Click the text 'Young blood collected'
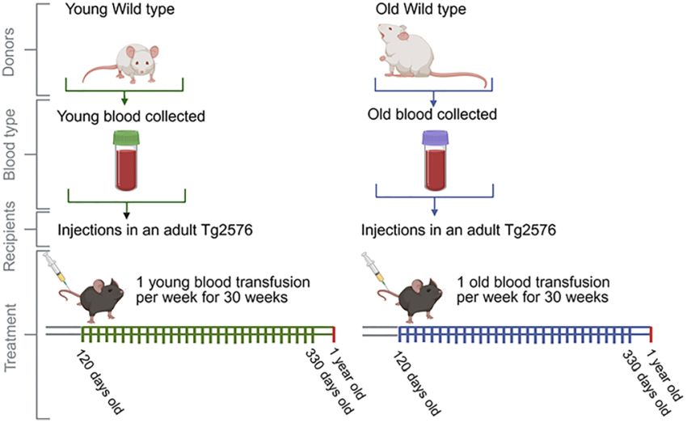131,116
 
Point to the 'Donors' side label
10,50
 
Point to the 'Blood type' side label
10,154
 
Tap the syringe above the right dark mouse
374,269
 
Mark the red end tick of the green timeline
334,335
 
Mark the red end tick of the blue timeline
651,335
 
